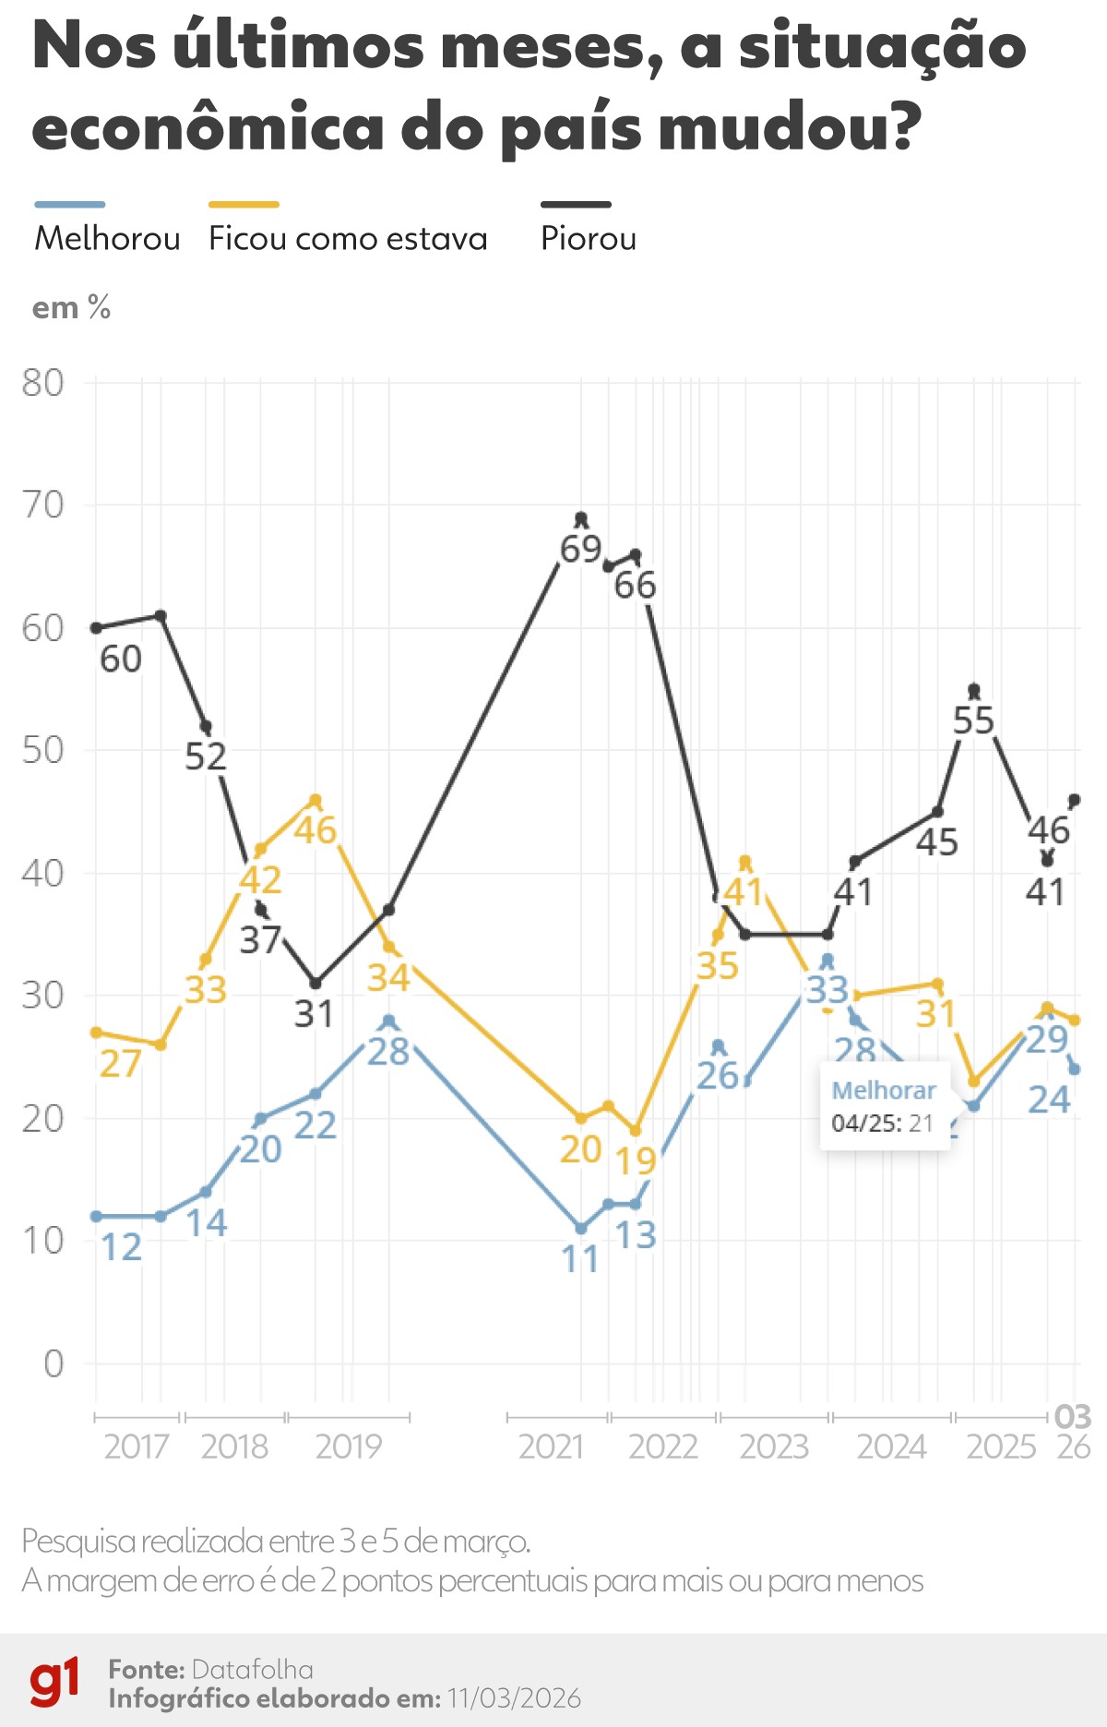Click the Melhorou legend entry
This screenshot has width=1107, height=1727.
[x=107, y=238]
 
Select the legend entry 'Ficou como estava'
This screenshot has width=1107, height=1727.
[x=348, y=238]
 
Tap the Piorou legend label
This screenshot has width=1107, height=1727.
[x=589, y=238]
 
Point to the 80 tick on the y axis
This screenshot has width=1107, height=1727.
[x=43, y=383]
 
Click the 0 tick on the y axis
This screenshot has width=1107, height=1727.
[x=54, y=1364]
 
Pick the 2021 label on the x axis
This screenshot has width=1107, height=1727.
[x=552, y=1447]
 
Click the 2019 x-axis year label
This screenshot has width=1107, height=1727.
[x=348, y=1447]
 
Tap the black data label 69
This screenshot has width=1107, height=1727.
[x=581, y=549]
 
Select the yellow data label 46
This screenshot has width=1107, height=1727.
[x=315, y=830]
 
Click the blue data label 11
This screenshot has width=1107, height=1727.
[x=581, y=1259]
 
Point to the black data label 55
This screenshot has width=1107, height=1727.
[x=974, y=721]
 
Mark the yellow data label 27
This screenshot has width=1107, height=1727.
[x=120, y=1064]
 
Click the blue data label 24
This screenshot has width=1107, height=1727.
[x=1049, y=1100]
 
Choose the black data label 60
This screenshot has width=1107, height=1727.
[x=121, y=659]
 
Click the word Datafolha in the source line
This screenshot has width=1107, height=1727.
[x=253, y=1669]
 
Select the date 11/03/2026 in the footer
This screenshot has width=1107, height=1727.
[x=514, y=1698]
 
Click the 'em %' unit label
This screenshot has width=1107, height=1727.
[x=71, y=307]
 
